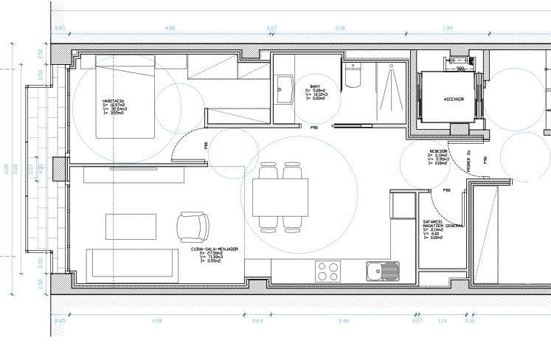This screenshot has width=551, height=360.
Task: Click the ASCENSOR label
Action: coord(453,98)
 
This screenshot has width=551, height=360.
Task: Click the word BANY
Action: coord(315,86)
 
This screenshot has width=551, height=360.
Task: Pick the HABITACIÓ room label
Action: coord(115,100)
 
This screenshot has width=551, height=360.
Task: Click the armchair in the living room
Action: coord(193,226)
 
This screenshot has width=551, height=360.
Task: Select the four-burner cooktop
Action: coord(327,271)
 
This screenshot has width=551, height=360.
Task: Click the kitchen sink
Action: coord(382,271)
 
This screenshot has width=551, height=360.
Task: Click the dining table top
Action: coord(280,198)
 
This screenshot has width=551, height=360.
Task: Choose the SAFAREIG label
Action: coord(432,221)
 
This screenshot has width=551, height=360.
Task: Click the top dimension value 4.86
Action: coord(170,28)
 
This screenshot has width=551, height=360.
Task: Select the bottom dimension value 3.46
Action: coord(343,321)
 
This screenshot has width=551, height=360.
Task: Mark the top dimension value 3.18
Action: coord(339,28)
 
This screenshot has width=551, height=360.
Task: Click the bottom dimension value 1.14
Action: coord(443,321)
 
